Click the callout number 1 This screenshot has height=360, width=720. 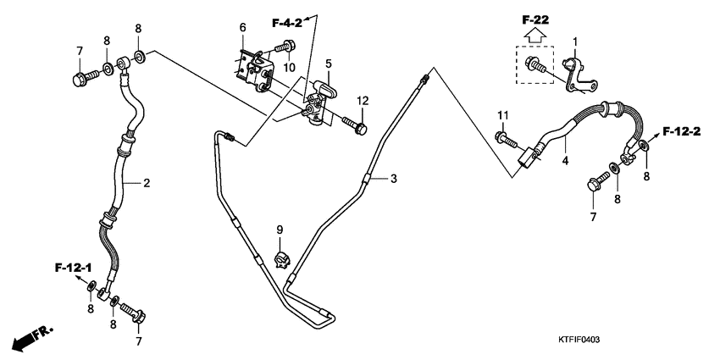[575, 42]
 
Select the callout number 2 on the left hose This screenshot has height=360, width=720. [146, 182]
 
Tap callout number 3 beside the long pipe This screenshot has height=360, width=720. [393, 179]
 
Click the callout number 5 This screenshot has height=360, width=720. [329, 64]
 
